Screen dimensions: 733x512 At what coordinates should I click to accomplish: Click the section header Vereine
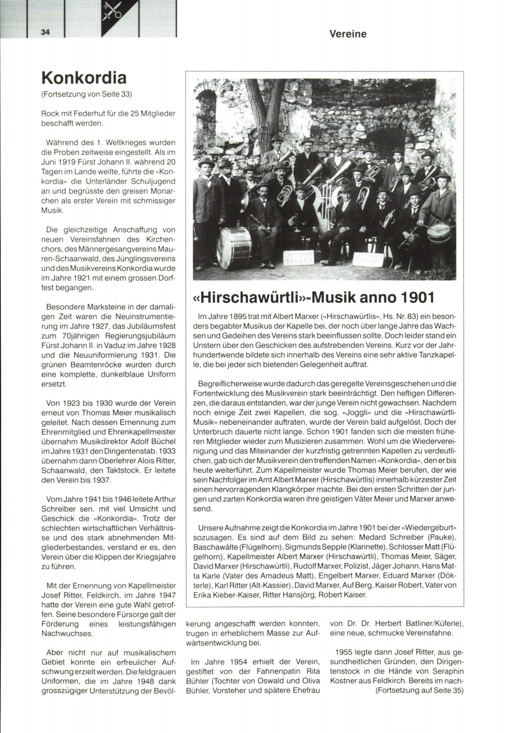pyautogui.click(x=348, y=34)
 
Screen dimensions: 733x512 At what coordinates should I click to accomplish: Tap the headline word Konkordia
pyautogui.click(x=84, y=78)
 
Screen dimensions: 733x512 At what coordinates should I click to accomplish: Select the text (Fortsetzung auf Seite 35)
pyautogui.click(x=419, y=690)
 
